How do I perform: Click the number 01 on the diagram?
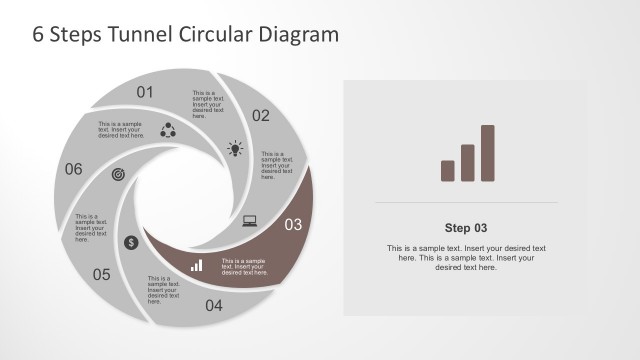click(x=145, y=93)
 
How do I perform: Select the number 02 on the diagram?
click(x=261, y=116)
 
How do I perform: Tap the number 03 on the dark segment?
click(x=293, y=225)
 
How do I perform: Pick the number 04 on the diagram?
click(x=214, y=306)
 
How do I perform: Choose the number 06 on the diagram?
click(x=73, y=169)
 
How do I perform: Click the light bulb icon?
click(x=235, y=149)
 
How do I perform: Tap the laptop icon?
click(x=250, y=221)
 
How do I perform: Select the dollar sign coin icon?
click(x=131, y=242)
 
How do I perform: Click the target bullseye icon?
click(x=119, y=174)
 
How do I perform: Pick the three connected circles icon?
click(x=167, y=129)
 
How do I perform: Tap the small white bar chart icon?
click(x=197, y=266)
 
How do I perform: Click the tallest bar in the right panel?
click(x=488, y=153)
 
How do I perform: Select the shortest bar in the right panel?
click(x=448, y=171)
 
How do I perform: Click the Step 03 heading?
click(x=466, y=227)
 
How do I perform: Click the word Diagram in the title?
click(x=298, y=34)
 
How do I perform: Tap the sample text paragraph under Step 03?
click(x=466, y=257)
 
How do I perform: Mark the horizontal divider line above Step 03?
click(x=466, y=203)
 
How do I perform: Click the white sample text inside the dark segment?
click(x=244, y=265)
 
